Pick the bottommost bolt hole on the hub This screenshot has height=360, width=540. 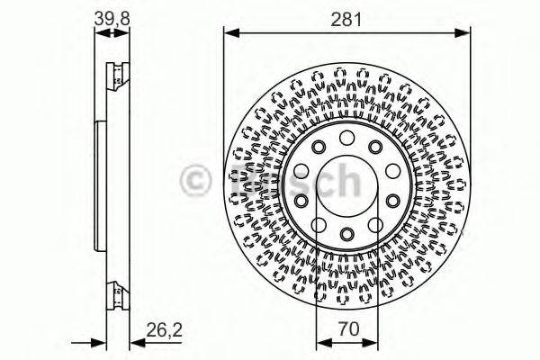[346, 236]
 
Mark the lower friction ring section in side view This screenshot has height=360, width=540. [114, 292]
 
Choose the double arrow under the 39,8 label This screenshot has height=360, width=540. [111, 33]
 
